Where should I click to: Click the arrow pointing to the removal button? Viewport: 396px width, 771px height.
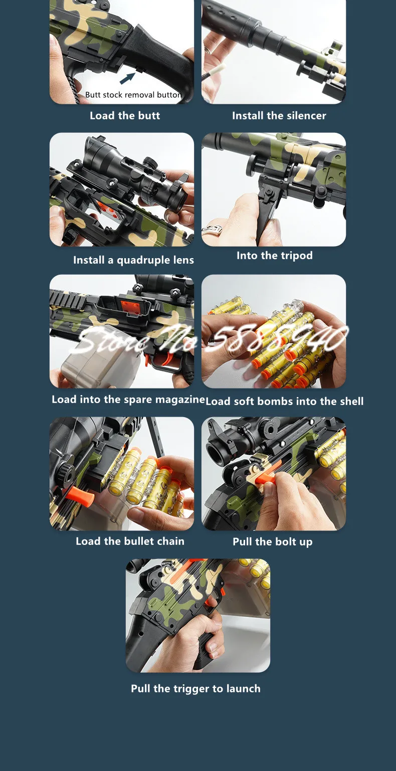127,78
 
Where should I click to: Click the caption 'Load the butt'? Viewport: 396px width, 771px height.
125,116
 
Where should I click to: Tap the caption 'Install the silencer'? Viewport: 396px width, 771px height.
279,116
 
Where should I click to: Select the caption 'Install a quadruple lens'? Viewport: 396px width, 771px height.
133,260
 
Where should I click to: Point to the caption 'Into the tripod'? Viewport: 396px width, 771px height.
275,255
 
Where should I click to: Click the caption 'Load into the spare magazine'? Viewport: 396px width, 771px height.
128,399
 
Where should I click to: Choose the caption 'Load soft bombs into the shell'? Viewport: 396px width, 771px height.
285,402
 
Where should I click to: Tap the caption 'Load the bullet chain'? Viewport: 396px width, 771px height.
130,541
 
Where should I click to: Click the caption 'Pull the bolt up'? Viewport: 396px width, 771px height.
273,542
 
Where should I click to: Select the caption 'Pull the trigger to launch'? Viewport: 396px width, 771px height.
196,688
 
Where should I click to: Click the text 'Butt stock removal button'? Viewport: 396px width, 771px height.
133,95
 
